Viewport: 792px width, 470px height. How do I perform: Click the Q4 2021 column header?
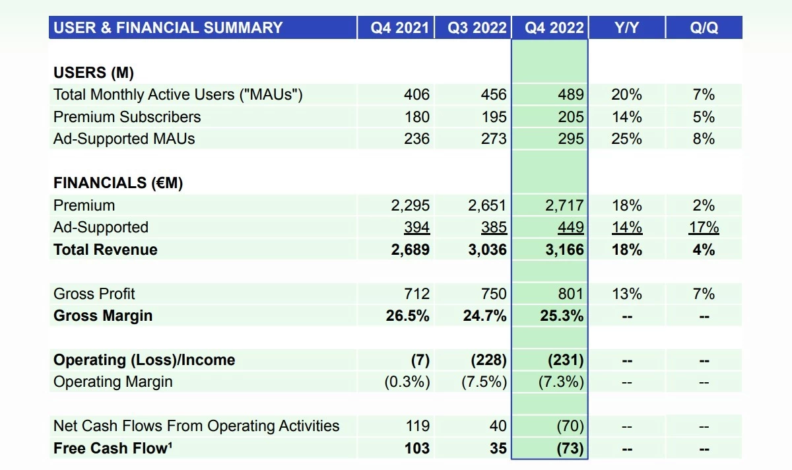click(x=399, y=28)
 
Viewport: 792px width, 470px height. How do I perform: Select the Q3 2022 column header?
click(x=477, y=28)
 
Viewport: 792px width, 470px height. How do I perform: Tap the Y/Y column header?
click(x=626, y=28)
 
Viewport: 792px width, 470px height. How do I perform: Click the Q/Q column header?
click(x=704, y=28)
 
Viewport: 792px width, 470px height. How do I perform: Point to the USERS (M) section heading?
click(x=94, y=73)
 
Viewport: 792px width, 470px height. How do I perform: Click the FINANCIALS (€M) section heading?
click(x=118, y=183)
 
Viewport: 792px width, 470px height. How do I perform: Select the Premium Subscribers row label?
click(x=127, y=117)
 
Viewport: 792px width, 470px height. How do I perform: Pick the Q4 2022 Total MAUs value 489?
click(x=570, y=95)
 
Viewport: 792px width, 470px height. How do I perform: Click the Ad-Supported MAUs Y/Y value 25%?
click(x=626, y=139)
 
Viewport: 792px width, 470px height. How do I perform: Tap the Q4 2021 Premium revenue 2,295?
click(x=410, y=205)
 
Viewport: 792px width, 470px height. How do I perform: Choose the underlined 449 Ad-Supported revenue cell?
click(x=570, y=228)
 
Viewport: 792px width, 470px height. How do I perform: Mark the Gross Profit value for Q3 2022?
click(x=494, y=294)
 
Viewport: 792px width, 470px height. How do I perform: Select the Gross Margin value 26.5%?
click(x=407, y=316)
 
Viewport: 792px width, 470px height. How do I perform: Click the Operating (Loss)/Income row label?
click(x=144, y=360)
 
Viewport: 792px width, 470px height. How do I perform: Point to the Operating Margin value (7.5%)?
click(x=484, y=382)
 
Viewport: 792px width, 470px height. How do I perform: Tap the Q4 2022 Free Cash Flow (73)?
click(x=569, y=449)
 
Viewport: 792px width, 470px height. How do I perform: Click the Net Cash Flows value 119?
click(x=416, y=426)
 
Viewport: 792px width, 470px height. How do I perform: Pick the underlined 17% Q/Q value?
click(x=704, y=228)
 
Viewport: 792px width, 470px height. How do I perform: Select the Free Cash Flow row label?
click(x=113, y=449)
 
